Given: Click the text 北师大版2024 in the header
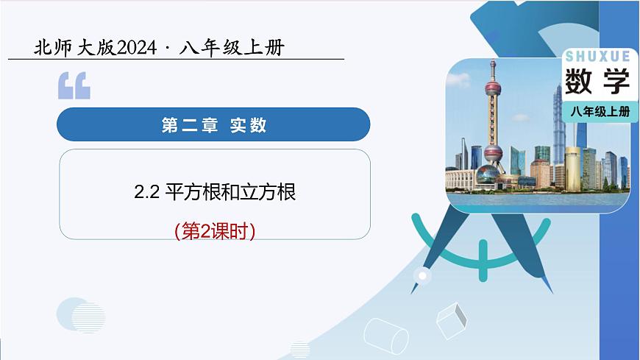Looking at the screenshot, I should (95, 48).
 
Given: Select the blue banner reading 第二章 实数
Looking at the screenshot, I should (213, 124).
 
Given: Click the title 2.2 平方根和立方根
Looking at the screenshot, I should (215, 192).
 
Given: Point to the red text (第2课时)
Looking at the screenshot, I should (215, 231).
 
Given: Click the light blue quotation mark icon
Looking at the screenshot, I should (74, 86).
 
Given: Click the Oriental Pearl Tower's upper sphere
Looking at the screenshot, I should (494, 91).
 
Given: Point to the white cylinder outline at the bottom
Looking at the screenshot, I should (386, 336).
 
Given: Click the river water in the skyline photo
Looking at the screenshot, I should (537, 200).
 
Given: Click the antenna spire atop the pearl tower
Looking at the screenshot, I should (494, 68).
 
